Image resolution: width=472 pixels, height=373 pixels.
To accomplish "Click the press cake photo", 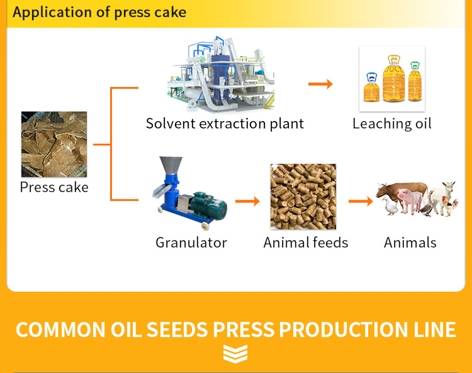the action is coord(54,144).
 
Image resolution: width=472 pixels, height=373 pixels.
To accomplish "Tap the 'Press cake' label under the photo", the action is coord(54,187).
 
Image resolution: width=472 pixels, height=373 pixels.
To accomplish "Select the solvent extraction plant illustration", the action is coord(221,75).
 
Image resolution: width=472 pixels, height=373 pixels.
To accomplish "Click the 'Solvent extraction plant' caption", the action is coord(225,123).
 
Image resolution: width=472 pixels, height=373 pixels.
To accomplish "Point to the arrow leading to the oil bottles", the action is coord(320,84).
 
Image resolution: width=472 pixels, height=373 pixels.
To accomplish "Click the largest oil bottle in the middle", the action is coord(394,78).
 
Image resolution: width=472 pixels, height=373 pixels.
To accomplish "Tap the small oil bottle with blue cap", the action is coord(372,87).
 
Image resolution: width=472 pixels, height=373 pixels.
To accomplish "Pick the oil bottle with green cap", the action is coord(415,81).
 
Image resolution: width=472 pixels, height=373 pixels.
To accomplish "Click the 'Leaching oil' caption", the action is coord(392,123).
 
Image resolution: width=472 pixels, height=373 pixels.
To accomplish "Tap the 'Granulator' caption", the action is coord(191,243).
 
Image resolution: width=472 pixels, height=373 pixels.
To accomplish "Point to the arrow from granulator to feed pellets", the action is coord(247,201).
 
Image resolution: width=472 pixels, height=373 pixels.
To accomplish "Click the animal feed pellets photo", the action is coord(303,197).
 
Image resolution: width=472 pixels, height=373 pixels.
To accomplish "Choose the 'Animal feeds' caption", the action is coord(306,243).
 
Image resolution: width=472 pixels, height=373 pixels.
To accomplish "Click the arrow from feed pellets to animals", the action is coord(361,201).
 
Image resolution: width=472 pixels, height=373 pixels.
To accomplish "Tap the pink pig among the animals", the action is coord(410,200).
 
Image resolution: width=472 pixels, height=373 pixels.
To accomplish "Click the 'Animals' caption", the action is coord(410,243).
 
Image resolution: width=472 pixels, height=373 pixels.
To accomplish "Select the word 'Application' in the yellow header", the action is coord(52,13).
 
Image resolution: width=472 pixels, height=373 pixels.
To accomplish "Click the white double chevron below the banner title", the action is coord(235,354).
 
